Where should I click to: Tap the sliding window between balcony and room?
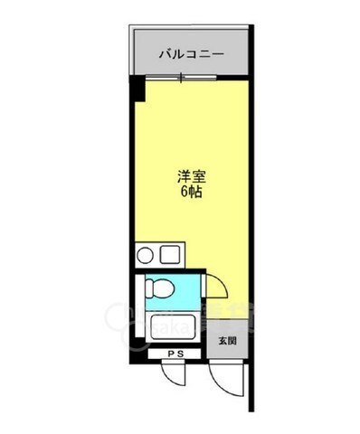click(190, 80)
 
